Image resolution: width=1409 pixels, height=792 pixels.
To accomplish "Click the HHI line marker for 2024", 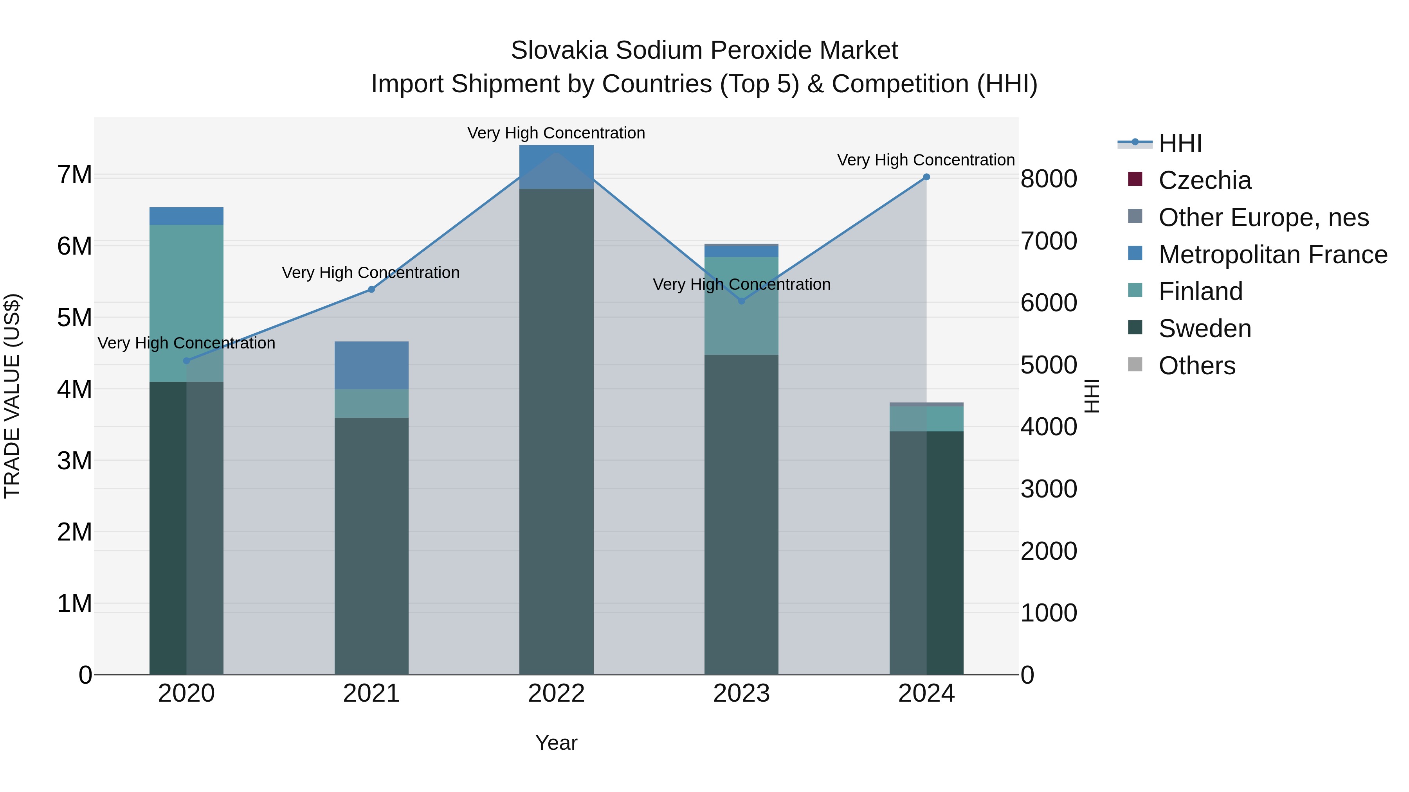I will tap(926, 177).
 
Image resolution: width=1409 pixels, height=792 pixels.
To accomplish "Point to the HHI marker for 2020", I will tap(187, 361).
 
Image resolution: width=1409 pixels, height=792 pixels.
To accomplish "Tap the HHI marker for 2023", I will tap(742, 301).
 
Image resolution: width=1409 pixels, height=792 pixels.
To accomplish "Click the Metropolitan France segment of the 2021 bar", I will tap(371, 365).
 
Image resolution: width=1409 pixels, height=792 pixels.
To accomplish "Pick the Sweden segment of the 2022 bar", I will tap(556, 432).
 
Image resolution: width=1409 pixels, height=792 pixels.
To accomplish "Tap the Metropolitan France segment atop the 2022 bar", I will tap(556, 167).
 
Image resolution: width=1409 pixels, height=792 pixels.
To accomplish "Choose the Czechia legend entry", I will tap(1204, 180).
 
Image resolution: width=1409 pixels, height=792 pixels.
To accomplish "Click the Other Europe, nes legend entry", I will tap(1263, 217).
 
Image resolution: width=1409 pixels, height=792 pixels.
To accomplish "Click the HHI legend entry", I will tap(1179, 143).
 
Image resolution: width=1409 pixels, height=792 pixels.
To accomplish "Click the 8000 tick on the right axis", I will tap(1049, 179).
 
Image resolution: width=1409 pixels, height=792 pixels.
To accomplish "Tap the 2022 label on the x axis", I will tap(556, 693).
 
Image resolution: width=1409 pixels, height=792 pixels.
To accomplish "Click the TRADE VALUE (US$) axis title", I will tap(12, 396).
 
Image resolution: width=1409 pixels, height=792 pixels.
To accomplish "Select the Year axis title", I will tap(556, 743).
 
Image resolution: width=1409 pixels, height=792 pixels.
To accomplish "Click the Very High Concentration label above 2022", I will tap(556, 133).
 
